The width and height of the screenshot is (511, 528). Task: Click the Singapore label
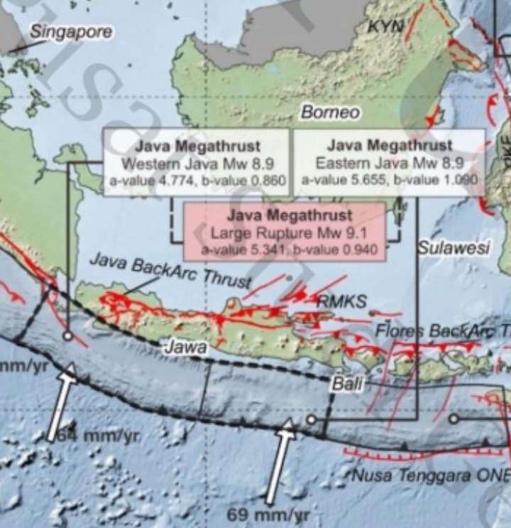[71, 32]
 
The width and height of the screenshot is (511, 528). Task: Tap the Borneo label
[330, 112]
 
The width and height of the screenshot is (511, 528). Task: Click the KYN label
[385, 27]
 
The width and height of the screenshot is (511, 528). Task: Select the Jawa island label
[185, 347]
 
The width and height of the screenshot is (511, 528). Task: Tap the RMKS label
[342, 301]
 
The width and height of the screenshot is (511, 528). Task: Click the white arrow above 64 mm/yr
[61, 399]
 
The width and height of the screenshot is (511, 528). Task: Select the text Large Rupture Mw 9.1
[284, 232]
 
